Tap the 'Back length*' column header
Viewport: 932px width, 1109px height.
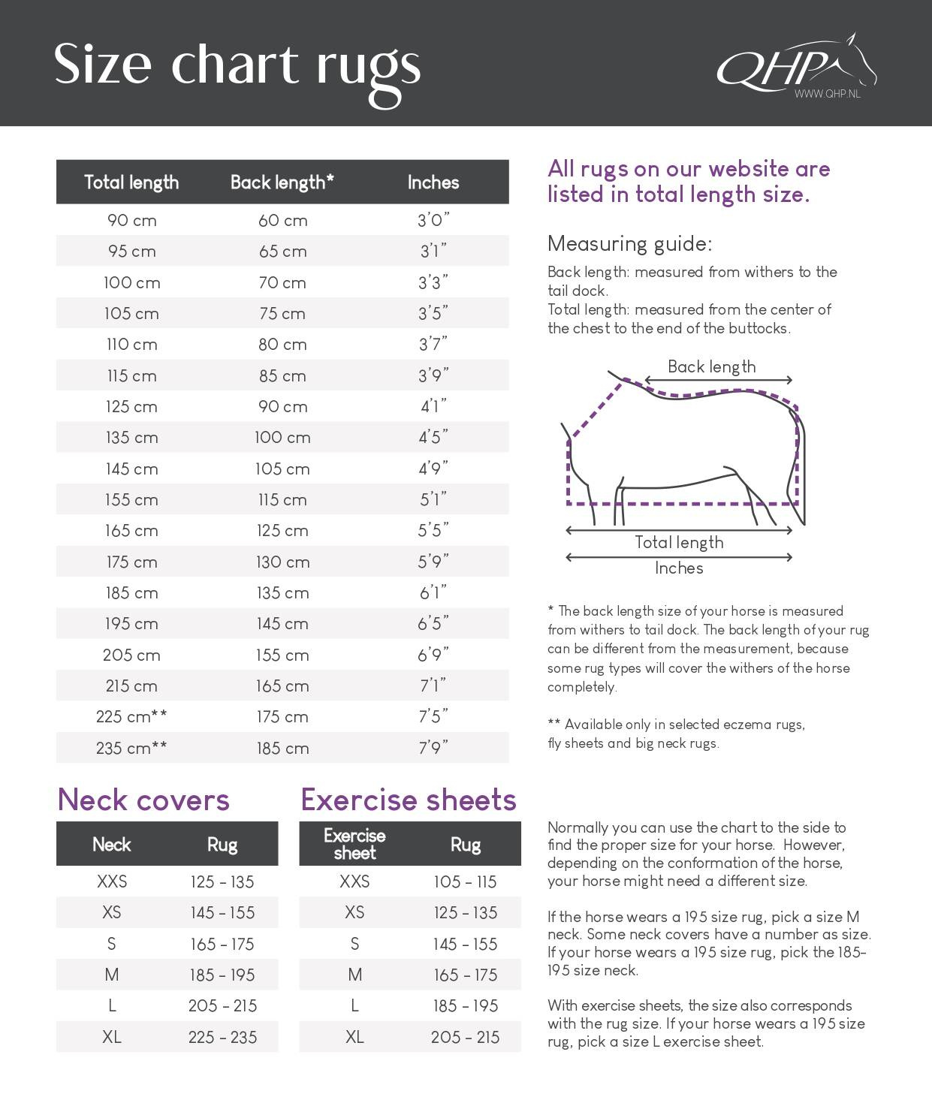pos(282,182)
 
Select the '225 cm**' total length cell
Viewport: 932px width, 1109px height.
pos(131,717)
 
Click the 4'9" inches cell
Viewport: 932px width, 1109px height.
pos(433,469)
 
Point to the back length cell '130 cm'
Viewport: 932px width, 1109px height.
pos(282,562)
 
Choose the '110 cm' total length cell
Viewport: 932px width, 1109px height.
pos(131,345)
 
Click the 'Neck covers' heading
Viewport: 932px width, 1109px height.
pos(143,800)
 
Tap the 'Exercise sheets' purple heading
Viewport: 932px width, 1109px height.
pos(409,800)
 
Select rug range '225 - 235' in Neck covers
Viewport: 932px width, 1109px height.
pos(222,1037)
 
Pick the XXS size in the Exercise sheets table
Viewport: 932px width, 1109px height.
pos(354,881)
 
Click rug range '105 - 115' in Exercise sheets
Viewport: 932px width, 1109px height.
pos(465,881)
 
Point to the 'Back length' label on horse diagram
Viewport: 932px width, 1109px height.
pos(711,366)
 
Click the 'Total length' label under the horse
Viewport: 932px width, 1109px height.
pos(679,542)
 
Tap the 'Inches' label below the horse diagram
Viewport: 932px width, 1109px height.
pos(679,568)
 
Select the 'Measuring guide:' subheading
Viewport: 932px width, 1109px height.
pos(629,243)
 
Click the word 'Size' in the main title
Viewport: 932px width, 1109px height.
pos(103,65)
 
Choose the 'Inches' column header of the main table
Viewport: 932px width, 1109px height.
pos(433,182)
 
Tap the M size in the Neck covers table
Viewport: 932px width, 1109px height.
pos(112,975)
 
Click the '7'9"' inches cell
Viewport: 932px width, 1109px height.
pos(433,748)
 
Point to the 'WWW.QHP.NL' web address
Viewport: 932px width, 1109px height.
pos(828,95)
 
